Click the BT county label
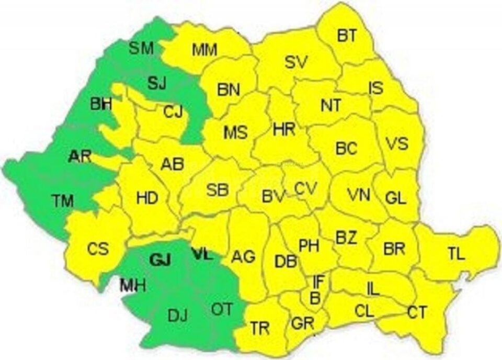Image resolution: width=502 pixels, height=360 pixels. (x=346, y=36)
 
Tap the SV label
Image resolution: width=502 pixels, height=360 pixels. (x=298, y=61)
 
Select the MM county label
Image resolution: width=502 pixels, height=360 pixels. (x=205, y=50)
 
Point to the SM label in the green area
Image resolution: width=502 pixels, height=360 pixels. (x=141, y=49)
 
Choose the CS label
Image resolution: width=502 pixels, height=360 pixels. (x=98, y=248)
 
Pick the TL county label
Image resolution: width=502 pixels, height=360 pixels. (x=455, y=254)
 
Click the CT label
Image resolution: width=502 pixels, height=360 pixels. (x=417, y=312)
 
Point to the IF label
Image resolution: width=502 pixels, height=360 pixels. (x=318, y=282)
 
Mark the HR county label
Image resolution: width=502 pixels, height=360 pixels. (x=284, y=129)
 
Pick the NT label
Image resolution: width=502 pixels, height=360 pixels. (x=330, y=105)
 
